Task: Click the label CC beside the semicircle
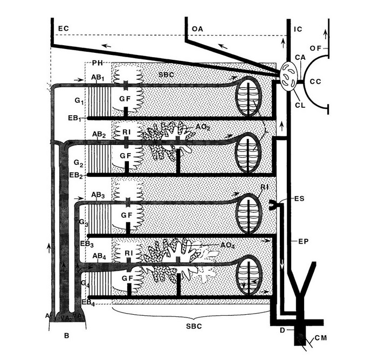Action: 316,82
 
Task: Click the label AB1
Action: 98,78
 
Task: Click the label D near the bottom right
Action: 282,329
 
